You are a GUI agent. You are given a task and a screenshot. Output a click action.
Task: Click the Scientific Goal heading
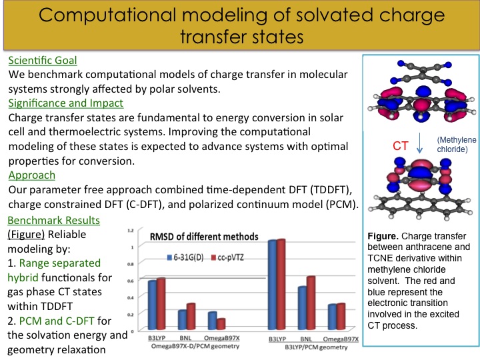[x=43, y=60]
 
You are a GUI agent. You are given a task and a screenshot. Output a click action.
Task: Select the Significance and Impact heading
[x=66, y=103]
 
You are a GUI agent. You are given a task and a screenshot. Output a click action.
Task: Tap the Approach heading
[x=32, y=175]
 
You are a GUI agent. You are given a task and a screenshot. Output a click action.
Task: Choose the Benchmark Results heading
[x=53, y=220]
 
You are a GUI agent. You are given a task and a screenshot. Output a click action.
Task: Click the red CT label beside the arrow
[x=401, y=146]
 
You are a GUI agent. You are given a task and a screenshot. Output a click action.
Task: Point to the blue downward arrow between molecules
[x=420, y=143]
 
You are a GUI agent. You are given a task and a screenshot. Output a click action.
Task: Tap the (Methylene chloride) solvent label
[x=457, y=145]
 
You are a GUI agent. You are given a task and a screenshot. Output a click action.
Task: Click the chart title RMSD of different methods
[x=204, y=237]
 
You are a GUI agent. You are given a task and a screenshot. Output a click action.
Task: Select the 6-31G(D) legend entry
[x=185, y=257]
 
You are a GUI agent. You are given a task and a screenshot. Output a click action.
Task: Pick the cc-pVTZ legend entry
[x=228, y=257]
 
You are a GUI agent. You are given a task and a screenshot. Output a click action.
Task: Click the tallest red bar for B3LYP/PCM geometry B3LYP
[x=281, y=285]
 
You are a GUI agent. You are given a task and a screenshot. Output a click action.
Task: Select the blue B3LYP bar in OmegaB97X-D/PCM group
[x=152, y=305]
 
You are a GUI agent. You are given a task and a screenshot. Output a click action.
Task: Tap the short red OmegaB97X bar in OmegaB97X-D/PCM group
[x=221, y=324]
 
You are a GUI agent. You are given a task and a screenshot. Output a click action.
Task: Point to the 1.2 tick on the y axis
[x=131, y=230]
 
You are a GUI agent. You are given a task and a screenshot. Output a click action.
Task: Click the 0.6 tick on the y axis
[x=131, y=281]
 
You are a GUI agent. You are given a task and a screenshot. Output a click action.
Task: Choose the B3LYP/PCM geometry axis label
[x=316, y=347]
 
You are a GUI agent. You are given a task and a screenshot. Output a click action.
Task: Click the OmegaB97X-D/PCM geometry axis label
[x=195, y=346]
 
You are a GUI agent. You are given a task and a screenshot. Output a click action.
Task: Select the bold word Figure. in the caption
[x=383, y=236]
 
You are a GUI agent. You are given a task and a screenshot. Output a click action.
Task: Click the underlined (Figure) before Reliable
[x=26, y=235]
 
